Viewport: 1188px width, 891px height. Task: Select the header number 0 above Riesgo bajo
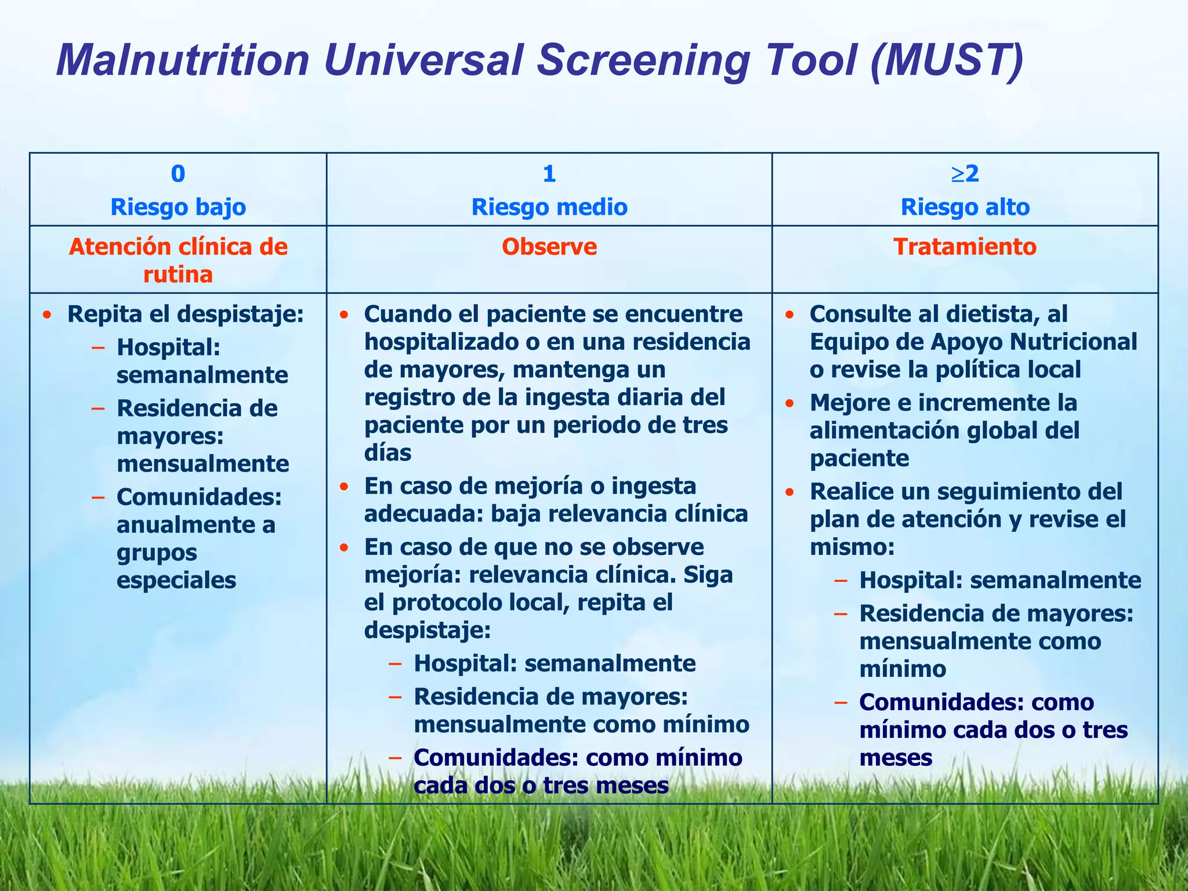click(178, 174)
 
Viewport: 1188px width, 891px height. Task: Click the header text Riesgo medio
click(549, 207)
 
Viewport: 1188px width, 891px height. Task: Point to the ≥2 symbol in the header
click(965, 173)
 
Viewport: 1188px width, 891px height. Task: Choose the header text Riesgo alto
click(965, 207)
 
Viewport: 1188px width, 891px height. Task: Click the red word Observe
click(549, 247)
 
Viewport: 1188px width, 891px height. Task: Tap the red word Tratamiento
click(965, 247)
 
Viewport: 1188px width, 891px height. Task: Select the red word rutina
click(178, 275)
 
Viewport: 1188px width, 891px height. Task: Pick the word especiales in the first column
click(176, 580)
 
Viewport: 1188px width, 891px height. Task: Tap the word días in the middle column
click(387, 453)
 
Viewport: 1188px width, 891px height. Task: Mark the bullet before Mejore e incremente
click(789, 403)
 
